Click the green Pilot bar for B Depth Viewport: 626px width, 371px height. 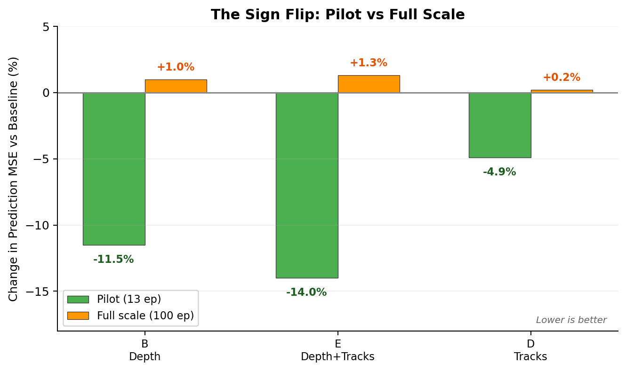pyautogui.click(x=114, y=169)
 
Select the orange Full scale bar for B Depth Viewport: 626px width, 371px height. pyautogui.click(x=176, y=86)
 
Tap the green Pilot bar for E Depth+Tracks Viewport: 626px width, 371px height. pyautogui.click(x=307, y=185)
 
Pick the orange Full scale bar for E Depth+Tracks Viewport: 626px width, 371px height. pyautogui.click(x=369, y=84)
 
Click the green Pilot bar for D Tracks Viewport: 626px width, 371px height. pyautogui.click(x=500, y=125)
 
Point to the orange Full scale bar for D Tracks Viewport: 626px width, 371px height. pyautogui.click(x=562, y=91)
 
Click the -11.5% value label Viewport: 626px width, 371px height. pyautogui.click(x=113, y=260)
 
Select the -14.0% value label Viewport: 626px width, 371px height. pyautogui.click(x=306, y=292)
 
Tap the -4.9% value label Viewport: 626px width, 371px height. pyautogui.click(x=499, y=172)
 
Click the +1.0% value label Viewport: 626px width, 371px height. pyautogui.click(x=176, y=67)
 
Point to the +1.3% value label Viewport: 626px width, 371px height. pyautogui.click(x=369, y=63)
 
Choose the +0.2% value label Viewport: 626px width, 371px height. pyautogui.click(x=562, y=78)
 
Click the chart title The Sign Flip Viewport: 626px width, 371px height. pyautogui.click(x=337, y=15)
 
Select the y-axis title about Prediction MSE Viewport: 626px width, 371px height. pyautogui.click(x=14, y=179)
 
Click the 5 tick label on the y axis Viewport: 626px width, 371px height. pyautogui.click(x=46, y=27)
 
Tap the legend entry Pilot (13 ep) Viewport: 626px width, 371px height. pyautogui.click(x=129, y=300)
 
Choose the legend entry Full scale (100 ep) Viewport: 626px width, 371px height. pyautogui.click(x=145, y=316)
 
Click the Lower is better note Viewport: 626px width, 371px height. pyautogui.click(x=571, y=320)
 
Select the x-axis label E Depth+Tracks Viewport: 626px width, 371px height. pyautogui.click(x=337, y=350)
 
